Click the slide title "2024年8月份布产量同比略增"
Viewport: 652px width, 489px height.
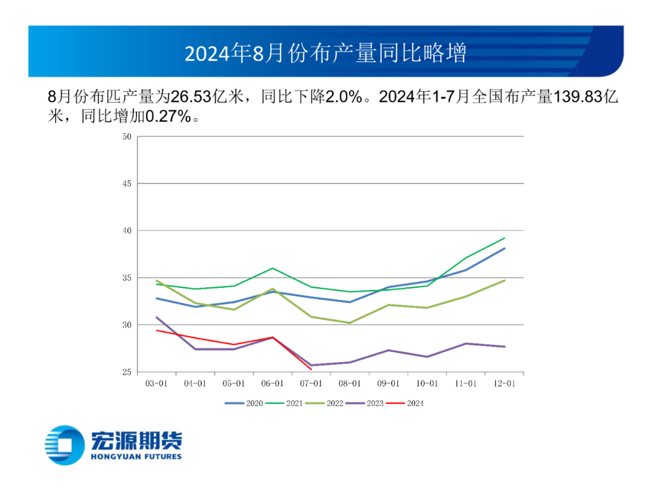tap(325, 53)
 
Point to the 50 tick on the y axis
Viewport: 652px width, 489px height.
tap(127, 136)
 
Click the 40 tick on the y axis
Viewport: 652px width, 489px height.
tap(127, 231)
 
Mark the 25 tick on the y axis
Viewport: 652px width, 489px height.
tap(127, 372)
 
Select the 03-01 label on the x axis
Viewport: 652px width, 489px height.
tap(156, 383)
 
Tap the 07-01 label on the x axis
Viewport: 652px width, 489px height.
tap(311, 383)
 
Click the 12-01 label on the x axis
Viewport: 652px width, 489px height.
tap(504, 383)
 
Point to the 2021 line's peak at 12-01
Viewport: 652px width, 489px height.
tap(505, 238)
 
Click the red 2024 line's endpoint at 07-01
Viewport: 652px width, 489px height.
tap(311, 369)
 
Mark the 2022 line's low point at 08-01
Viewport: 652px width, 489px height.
tap(350, 323)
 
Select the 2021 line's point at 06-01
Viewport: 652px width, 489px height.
tap(272, 268)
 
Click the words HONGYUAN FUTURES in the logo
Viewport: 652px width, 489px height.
tap(136, 456)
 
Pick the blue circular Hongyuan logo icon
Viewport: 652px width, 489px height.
tap(65, 446)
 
